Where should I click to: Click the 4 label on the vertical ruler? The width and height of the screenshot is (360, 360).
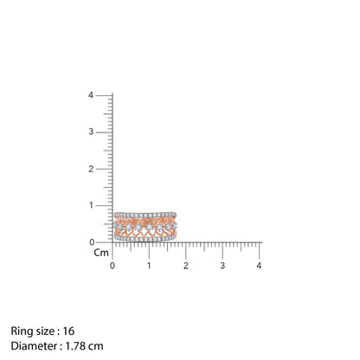coord(91,95)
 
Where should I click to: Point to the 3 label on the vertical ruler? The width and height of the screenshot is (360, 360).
coord(91,132)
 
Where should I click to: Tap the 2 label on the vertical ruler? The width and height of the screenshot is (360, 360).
coord(91,169)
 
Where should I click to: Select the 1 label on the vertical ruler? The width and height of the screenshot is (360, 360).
coord(91,205)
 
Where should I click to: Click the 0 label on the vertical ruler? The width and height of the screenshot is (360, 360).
coord(92,242)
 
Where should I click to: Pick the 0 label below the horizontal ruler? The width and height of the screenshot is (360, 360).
coord(112,266)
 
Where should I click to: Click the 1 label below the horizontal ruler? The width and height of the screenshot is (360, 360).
coord(149,266)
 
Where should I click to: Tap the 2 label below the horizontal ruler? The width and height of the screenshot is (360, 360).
coord(185,266)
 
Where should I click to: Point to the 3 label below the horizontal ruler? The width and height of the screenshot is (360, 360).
coord(222,266)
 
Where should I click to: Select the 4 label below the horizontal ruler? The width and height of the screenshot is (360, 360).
coord(259,266)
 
